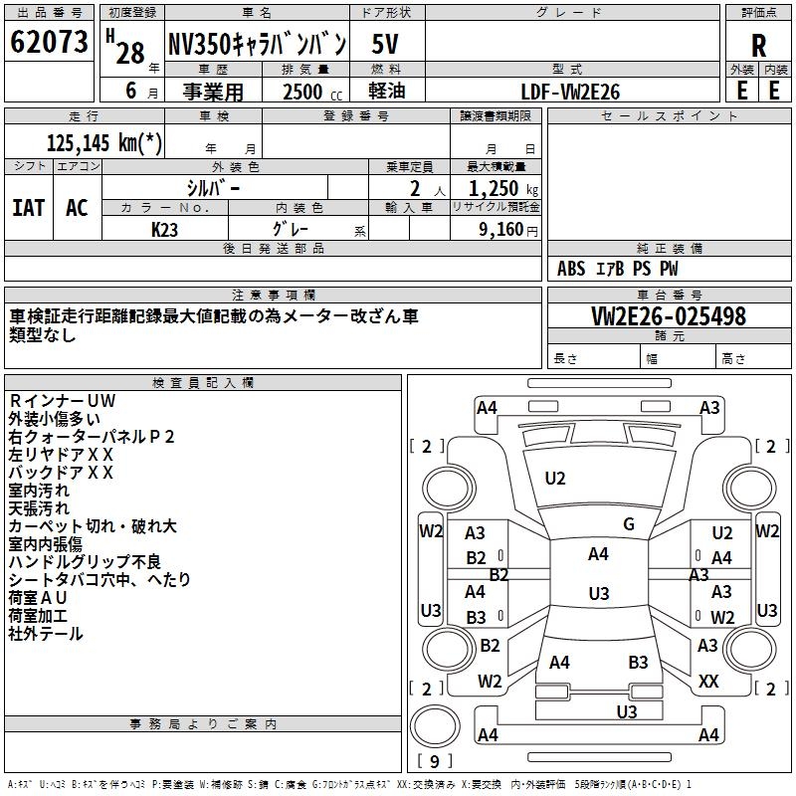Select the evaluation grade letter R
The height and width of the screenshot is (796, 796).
click(758, 45)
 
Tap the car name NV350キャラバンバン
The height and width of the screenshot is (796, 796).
click(256, 44)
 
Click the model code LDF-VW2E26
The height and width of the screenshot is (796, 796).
click(570, 91)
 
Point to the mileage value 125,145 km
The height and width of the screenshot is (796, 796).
click(103, 142)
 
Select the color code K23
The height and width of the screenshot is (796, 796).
click(165, 228)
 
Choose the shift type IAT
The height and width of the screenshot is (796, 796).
click(28, 207)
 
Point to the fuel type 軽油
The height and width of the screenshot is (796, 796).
click(385, 91)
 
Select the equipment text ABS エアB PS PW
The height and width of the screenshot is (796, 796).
click(618, 268)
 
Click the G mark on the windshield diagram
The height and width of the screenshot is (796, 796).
click(628, 524)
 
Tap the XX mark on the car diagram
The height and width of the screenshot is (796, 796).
click(708, 682)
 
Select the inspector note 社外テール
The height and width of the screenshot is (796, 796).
click(46, 633)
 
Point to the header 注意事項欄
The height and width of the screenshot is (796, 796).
click(274, 296)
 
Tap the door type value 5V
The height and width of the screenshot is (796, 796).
click(385, 44)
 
